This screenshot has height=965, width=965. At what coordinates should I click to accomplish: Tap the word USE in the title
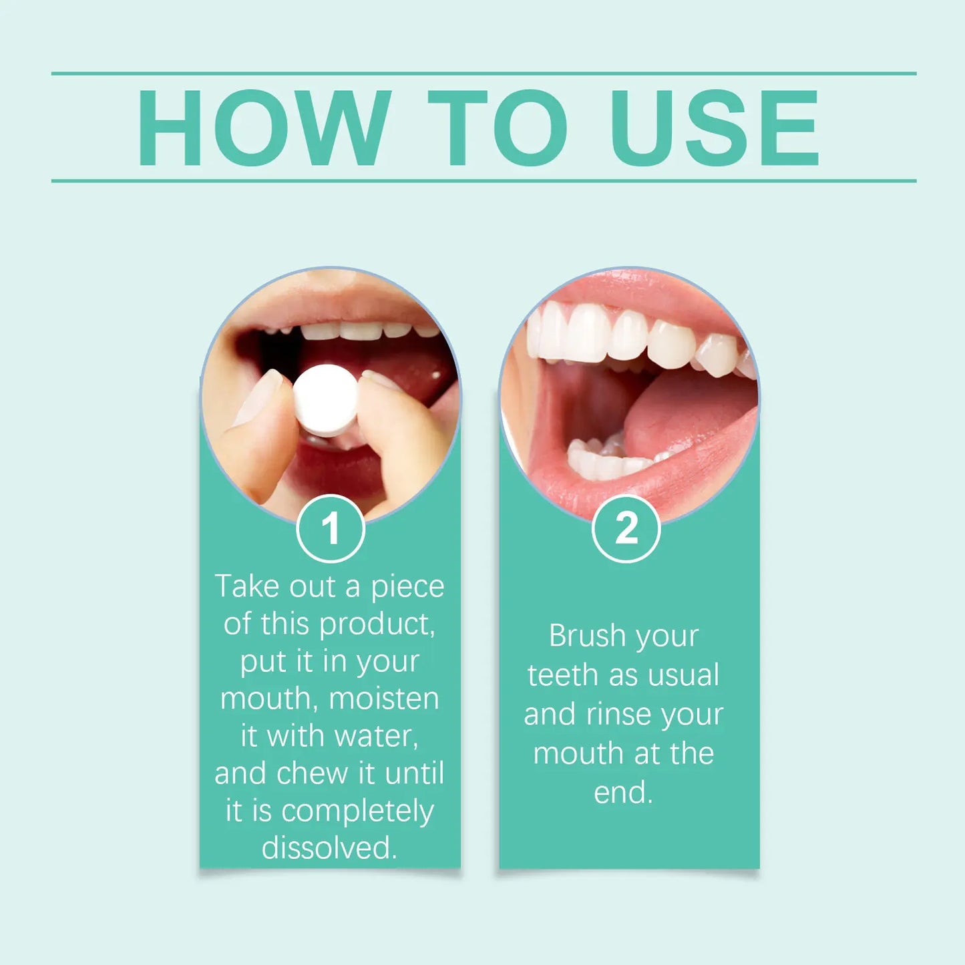715,128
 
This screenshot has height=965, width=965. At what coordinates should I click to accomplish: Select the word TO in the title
498,128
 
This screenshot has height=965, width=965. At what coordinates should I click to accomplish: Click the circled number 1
331,529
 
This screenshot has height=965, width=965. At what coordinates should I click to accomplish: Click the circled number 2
626,529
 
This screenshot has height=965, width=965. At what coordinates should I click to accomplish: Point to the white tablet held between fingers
326,400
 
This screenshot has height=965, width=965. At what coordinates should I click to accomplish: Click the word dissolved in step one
329,848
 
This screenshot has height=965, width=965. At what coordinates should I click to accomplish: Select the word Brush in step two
586,636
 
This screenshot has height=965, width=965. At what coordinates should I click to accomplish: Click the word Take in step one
246,587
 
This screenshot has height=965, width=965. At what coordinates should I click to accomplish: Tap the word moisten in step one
384,699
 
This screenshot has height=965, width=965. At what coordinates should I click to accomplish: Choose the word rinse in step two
618,715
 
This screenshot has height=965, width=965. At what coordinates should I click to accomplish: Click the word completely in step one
357,811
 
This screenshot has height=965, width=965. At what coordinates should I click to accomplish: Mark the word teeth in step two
562,675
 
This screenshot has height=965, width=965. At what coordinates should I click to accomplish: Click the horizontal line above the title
484,73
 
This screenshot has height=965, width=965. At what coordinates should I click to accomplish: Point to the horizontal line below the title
484,180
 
